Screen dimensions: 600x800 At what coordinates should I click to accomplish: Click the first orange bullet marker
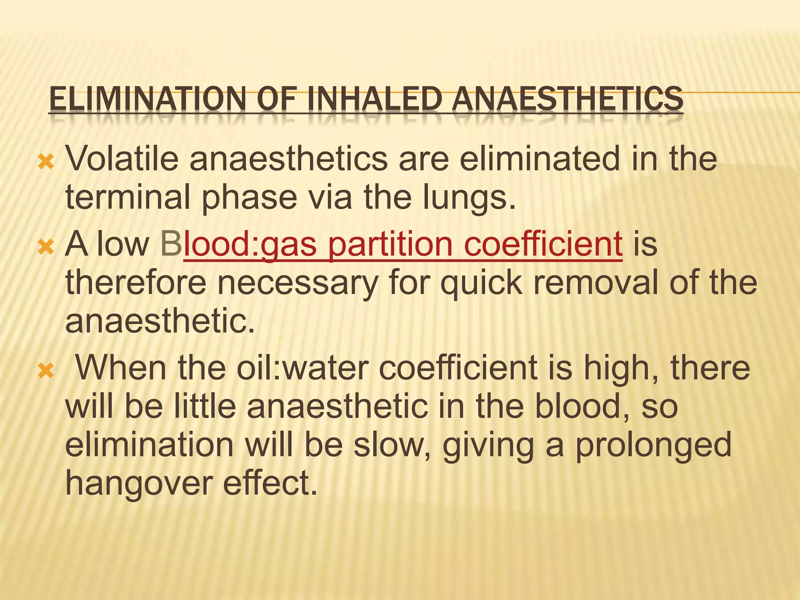point(46,161)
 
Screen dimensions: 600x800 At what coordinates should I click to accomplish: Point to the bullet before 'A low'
point(46,247)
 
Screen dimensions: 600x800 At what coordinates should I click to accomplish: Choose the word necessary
point(297,283)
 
